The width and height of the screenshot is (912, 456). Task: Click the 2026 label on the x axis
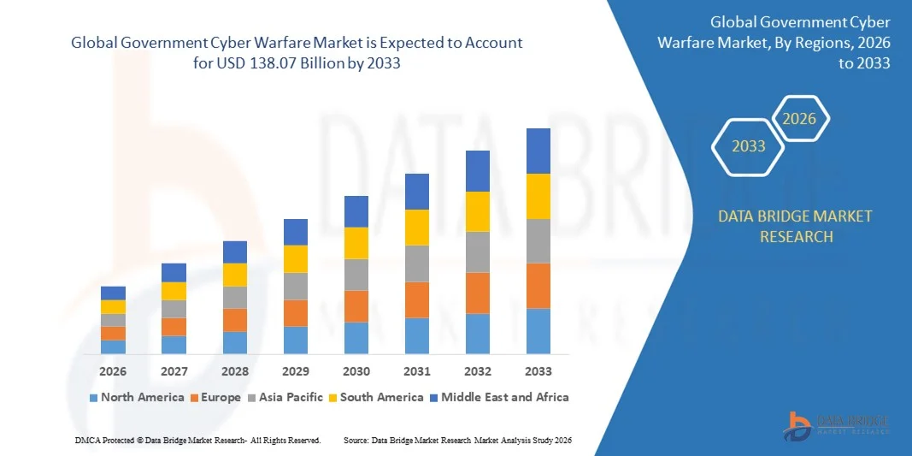point(113,371)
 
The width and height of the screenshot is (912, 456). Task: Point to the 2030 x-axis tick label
point(356,371)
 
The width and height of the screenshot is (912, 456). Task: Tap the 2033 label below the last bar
point(538,371)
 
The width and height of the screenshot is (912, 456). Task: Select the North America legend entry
point(136,397)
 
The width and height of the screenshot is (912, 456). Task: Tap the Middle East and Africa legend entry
point(499,397)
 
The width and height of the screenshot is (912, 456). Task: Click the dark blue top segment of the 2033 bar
point(538,151)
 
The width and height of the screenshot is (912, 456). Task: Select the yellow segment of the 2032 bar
point(478,211)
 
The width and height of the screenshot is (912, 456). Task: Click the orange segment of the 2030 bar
point(356,306)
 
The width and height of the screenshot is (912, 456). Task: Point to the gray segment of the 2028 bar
point(235,297)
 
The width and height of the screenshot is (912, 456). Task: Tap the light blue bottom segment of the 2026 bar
point(113,346)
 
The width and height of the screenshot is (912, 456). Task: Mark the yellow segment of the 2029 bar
point(296,259)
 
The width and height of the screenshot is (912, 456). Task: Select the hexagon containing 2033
point(749,146)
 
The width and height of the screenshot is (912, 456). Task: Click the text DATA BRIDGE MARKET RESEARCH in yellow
point(796,226)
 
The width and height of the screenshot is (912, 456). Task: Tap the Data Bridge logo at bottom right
point(836,425)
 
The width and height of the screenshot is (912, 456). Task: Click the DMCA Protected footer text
point(197,440)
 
